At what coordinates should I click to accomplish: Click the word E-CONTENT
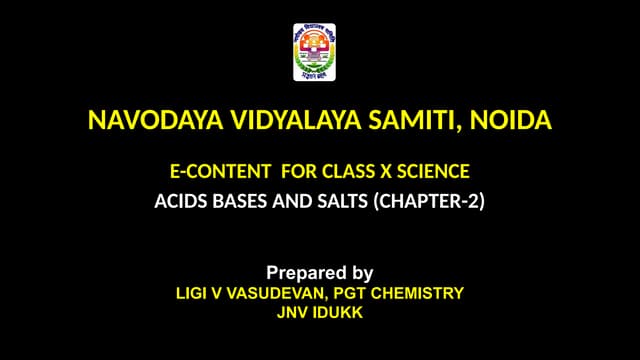(213, 171)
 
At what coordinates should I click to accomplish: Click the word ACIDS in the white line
(179, 200)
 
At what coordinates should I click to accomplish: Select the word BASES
(240, 200)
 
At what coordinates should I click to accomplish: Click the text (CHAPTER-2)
(429, 200)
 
